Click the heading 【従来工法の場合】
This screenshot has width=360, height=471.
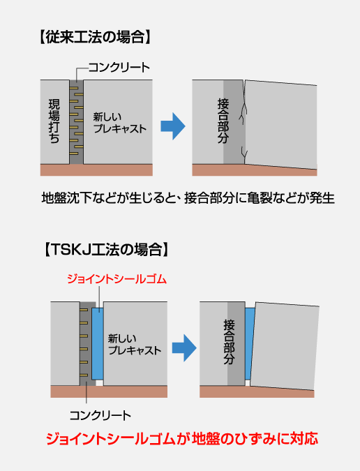point(95,38)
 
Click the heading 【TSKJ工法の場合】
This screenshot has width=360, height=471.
point(106,250)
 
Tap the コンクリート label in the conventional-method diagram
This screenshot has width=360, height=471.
point(119,67)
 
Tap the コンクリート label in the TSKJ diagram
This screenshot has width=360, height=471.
point(100,416)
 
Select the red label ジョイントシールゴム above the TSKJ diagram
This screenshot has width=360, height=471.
point(117,279)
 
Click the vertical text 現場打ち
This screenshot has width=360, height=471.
point(54,121)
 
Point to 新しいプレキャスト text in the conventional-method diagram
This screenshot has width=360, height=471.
point(119,123)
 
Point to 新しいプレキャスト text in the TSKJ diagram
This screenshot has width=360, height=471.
point(135,345)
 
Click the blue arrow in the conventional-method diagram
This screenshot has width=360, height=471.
point(173,126)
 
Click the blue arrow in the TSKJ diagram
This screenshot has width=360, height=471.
point(184,348)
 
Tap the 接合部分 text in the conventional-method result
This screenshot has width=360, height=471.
point(223,121)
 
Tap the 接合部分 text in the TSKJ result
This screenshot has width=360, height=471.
point(229,342)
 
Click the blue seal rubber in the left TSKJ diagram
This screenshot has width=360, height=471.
point(98,343)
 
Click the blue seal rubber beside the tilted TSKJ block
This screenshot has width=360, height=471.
point(250,343)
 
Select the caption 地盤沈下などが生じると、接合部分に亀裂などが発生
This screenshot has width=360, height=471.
point(188,198)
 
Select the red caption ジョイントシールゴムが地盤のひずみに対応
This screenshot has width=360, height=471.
point(182,439)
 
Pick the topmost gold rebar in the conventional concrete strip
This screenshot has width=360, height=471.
point(74,89)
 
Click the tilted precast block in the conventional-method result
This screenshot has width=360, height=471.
point(280,124)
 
